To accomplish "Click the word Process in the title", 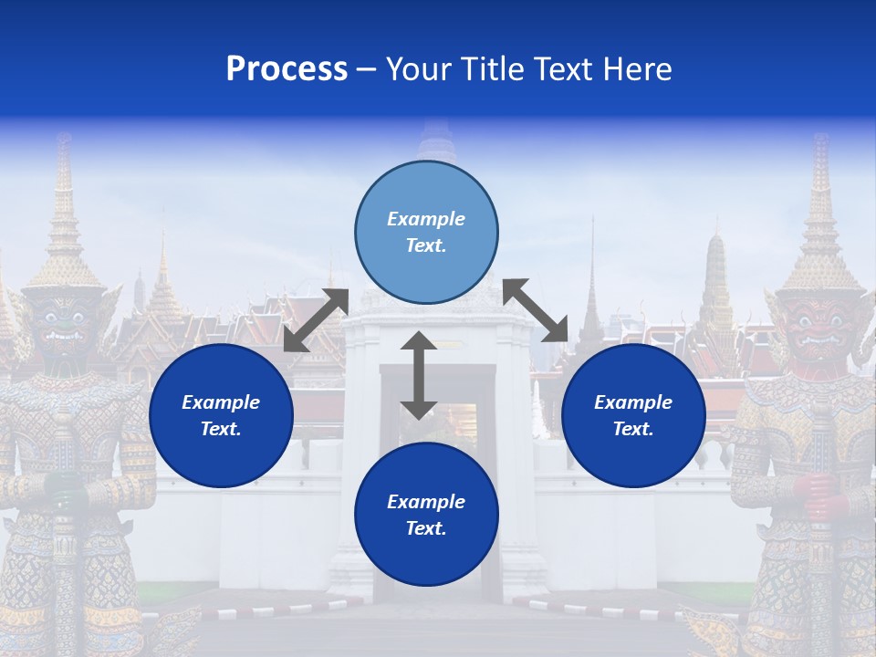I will point(287,69).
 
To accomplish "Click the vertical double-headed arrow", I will point(419,375).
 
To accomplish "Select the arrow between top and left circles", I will point(316,320).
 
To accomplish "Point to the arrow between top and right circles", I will point(536,310).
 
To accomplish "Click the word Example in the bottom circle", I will point(426,502).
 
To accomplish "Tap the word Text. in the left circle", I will point(221,429).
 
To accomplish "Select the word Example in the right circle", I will point(633,402).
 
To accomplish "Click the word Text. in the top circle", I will point(426,245).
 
